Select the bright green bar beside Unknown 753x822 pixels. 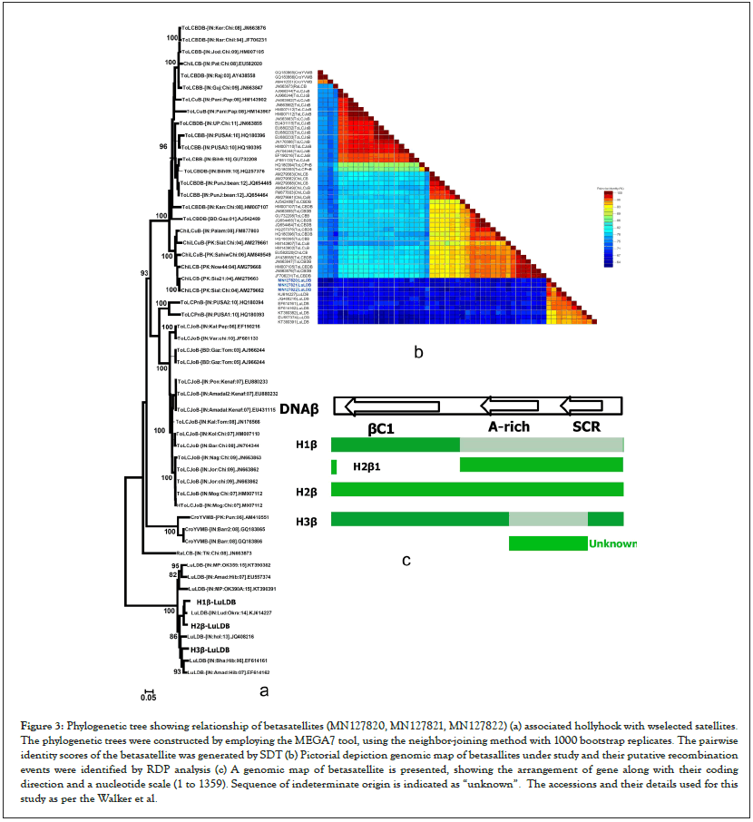point(548,543)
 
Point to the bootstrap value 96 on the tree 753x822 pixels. point(163,146)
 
